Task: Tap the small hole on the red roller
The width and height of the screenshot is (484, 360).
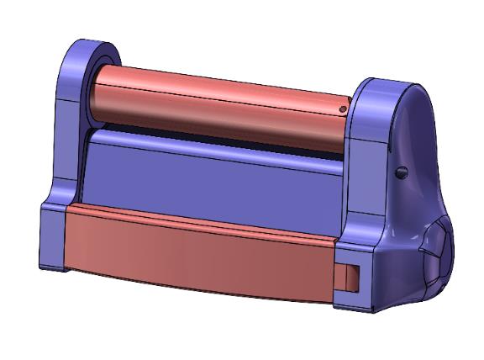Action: [x=343, y=109]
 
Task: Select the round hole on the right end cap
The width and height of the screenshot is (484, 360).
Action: [x=401, y=172]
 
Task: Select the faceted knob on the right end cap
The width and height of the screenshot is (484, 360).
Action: [x=439, y=252]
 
